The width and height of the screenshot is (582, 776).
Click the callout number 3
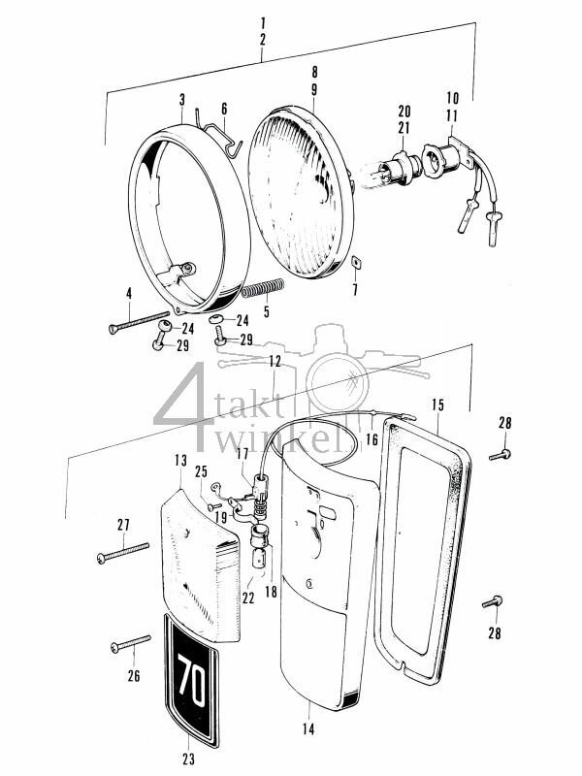181,99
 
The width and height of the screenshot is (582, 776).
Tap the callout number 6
223,109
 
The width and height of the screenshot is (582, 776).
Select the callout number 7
354,290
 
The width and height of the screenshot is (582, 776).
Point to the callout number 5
265,312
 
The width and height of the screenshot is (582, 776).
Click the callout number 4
127,293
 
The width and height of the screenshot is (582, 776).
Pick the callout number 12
276,361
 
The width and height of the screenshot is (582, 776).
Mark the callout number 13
180,460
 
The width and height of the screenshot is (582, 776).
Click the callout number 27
123,525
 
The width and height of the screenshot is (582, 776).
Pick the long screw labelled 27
123,552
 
